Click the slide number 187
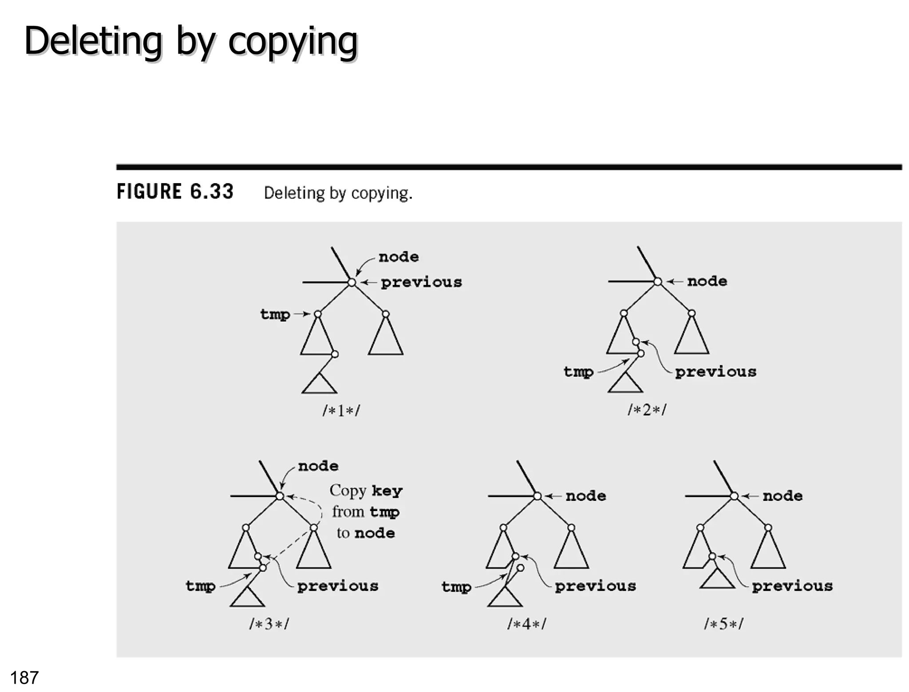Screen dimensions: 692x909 (x=24, y=677)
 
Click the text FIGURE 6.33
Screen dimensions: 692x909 (x=175, y=192)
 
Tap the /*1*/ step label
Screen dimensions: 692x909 (x=341, y=410)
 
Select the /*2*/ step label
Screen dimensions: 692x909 (x=647, y=409)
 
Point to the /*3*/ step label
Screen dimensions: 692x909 (x=269, y=624)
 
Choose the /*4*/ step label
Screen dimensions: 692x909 (x=526, y=624)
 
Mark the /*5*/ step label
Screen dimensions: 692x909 (x=723, y=624)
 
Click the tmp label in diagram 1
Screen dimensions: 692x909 (x=275, y=315)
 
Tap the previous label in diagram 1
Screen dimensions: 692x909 (x=421, y=282)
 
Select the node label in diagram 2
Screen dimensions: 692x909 (x=707, y=281)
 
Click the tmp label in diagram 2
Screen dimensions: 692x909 (x=578, y=372)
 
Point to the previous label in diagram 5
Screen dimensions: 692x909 (x=792, y=586)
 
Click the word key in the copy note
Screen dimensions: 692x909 (x=387, y=491)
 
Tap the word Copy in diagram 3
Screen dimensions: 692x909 (x=348, y=491)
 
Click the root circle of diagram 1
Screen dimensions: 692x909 (x=352, y=282)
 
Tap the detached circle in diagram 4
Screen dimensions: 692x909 (x=521, y=568)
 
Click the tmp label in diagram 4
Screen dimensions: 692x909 (x=456, y=587)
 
